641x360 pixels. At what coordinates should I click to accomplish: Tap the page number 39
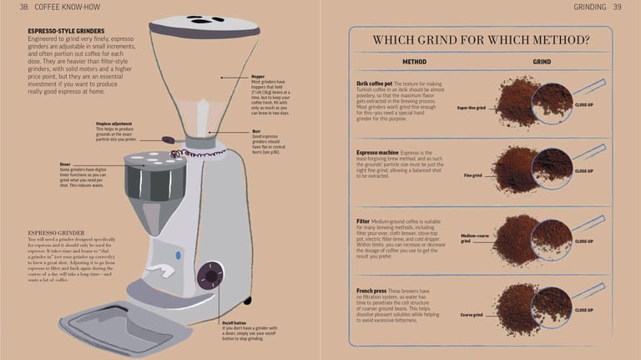point(617,7)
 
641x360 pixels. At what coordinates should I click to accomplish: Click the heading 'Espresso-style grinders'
point(66,31)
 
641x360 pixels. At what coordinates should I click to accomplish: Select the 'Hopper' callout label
point(258,76)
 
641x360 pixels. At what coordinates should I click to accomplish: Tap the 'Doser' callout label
point(66,165)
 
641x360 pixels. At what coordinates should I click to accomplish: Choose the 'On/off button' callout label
point(235,322)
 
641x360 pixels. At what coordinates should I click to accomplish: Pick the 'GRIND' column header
point(542,62)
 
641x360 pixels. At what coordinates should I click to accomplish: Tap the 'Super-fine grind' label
point(471,108)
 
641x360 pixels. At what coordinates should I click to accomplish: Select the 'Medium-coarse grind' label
point(476,238)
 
